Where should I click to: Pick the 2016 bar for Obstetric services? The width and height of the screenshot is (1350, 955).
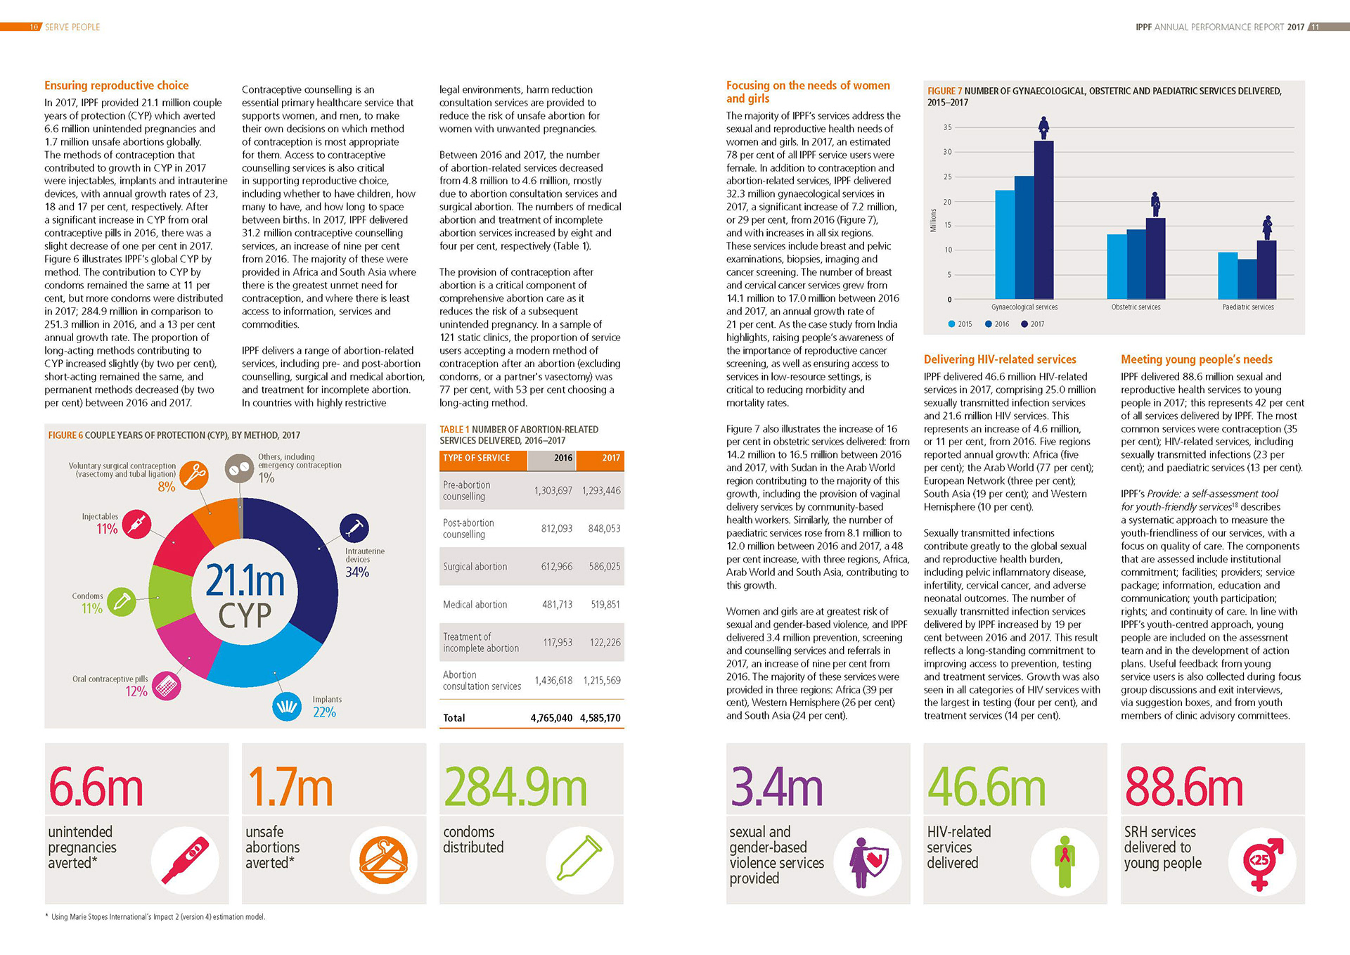click(1136, 264)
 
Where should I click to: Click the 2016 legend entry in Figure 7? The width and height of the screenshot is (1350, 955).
click(997, 324)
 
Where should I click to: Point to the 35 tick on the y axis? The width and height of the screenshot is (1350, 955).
click(948, 127)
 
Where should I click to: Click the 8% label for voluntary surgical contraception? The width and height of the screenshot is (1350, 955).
click(166, 487)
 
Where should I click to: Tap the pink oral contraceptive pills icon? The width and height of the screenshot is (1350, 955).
click(166, 686)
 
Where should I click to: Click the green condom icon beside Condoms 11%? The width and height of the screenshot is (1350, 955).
click(122, 602)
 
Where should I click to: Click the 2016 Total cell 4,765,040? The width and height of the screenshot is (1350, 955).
click(551, 718)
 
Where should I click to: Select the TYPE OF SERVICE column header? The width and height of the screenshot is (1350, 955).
click(477, 458)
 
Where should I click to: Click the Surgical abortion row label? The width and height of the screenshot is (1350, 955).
click(475, 567)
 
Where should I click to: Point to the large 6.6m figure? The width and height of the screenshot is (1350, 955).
click(96, 788)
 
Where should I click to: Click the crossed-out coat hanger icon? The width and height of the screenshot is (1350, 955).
click(383, 861)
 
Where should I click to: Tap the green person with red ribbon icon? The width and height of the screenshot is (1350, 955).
click(1065, 861)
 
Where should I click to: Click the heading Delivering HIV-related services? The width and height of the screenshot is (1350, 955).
click(1000, 359)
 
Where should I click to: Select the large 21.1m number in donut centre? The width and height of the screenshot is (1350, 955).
click(245, 581)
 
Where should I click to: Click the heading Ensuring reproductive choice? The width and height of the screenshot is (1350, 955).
click(116, 86)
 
